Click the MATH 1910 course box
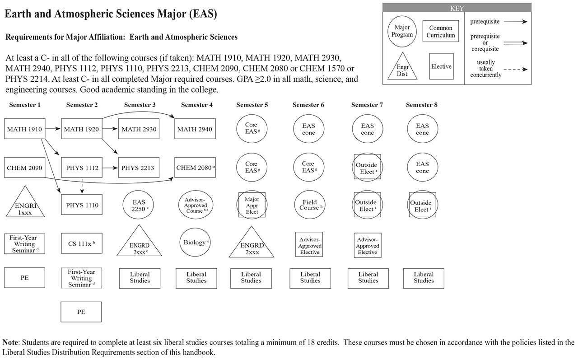point(24,129)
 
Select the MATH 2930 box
point(138,129)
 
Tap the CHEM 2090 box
point(24,168)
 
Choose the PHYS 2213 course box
point(138,168)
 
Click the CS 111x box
point(81,244)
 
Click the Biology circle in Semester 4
point(195,243)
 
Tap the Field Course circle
point(310,205)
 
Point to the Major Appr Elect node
point(252,205)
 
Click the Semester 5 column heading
point(252,105)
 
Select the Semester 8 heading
point(422,105)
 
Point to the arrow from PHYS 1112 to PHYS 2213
point(110,168)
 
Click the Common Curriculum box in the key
point(441,32)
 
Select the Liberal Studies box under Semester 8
point(424,278)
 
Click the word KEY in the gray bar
point(457,8)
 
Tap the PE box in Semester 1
point(24,278)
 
